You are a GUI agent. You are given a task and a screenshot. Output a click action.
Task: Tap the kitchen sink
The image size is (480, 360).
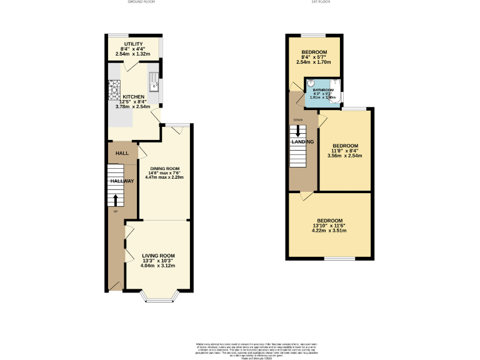tap(154, 81)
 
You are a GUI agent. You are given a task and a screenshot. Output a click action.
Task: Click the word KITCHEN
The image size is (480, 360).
tap(133, 97)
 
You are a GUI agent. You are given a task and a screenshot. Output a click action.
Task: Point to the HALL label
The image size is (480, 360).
tap(122, 153)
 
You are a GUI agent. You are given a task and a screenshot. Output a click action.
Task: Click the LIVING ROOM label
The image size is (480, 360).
tap(158, 256)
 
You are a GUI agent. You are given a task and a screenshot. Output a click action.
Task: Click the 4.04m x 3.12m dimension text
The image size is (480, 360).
tap(158, 266)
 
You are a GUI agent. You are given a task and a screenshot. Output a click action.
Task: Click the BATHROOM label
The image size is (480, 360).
tap(324, 90)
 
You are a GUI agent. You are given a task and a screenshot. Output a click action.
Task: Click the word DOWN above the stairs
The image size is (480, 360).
tap(298, 119)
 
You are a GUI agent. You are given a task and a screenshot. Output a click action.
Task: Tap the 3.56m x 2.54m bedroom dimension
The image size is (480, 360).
tap(345, 156)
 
